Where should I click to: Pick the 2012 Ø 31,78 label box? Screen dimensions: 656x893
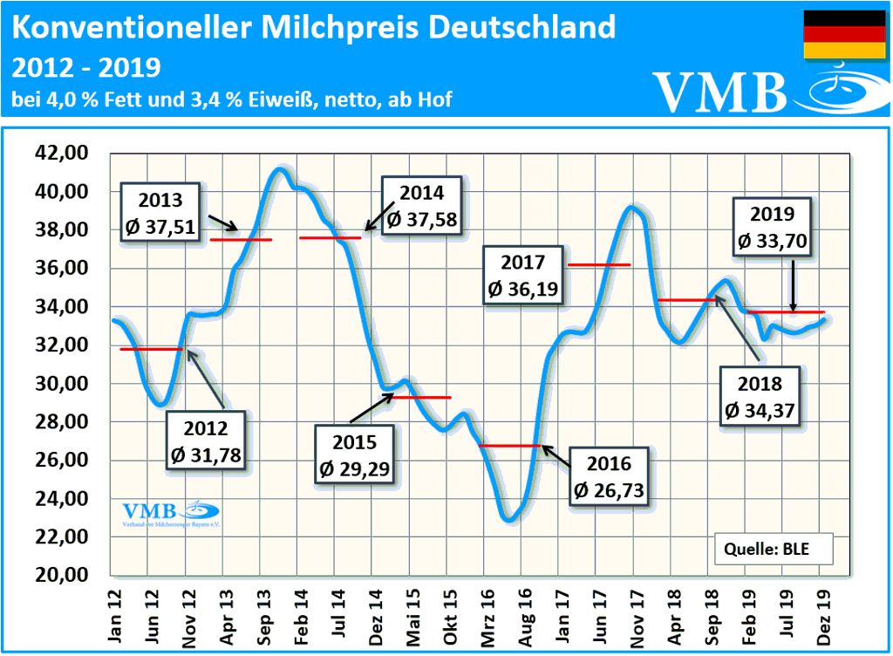pos(206,441)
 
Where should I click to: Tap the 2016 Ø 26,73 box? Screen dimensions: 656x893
pos(609,478)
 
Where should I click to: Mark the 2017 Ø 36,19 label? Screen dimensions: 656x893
pos(523,275)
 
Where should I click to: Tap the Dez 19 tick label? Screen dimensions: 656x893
pos(821,618)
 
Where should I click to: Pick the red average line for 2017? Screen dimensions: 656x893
pos(598,264)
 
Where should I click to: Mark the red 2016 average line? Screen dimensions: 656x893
pos(511,446)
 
